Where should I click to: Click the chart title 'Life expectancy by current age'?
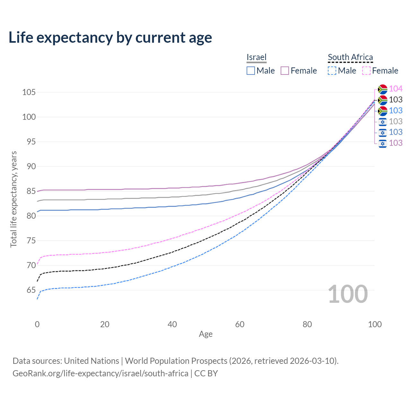(110, 38)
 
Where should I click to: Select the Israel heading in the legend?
(256, 57)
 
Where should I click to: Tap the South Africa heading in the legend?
(350, 57)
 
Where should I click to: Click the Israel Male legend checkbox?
(251, 71)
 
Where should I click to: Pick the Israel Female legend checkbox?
(285, 71)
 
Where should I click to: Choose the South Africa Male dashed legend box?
(332, 71)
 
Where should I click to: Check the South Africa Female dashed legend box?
(366, 71)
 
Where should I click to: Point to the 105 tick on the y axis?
(29, 92)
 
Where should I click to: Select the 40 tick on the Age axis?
(172, 324)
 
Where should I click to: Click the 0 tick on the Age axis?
(37, 324)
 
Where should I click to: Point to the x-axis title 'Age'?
(205, 334)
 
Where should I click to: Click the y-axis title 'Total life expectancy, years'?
(13, 199)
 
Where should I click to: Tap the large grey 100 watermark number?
(347, 294)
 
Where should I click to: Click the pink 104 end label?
(396, 89)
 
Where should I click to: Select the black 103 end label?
(396, 100)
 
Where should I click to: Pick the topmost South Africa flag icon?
(382, 89)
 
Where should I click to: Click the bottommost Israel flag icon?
(382, 143)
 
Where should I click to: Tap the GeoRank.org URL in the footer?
(100, 373)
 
